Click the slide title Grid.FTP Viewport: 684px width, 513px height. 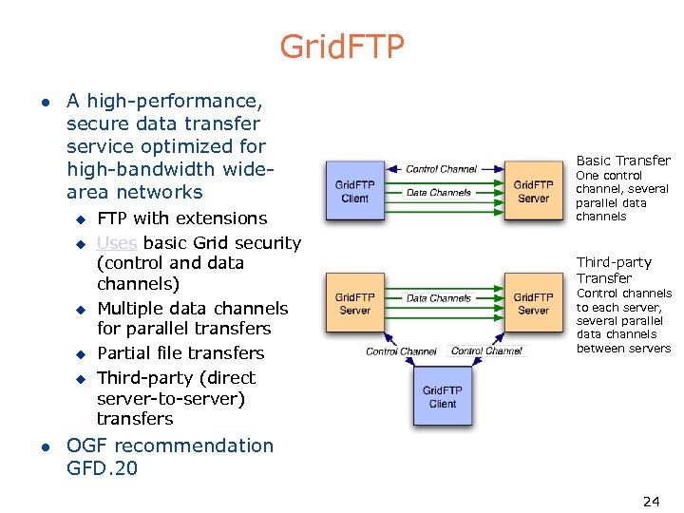(x=342, y=46)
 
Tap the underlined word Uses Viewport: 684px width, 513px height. (x=117, y=243)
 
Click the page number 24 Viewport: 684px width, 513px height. (x=651, y=501)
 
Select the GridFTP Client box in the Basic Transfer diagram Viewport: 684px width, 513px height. (x=355, y=191)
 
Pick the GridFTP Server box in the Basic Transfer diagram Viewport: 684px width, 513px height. (x=533, y=191)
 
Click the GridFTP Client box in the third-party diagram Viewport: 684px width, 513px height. (x=442, y=397)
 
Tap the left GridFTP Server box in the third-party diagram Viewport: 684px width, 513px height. (x=354, y=304)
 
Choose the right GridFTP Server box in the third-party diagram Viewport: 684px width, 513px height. (x=533, y=304)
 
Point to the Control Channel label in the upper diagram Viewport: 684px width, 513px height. (x=442, y=169)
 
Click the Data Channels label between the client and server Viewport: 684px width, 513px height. (x=439, y=193)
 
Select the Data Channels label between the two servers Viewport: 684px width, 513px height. (x=439, y=298)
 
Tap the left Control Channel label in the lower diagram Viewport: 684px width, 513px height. (x=402, y=351)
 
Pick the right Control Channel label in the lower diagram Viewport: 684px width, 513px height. (x=486, y=351)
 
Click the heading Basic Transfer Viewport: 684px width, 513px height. (x=623, y=161)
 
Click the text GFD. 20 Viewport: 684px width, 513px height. (x=102, y=467)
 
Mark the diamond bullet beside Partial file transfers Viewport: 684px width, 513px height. (x=81, y=354)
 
